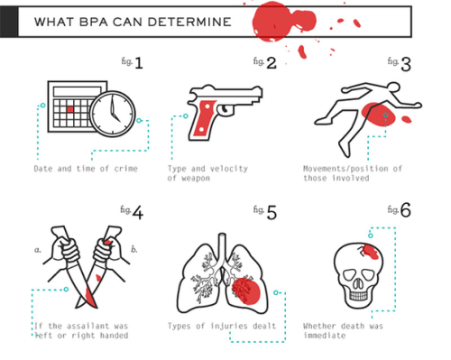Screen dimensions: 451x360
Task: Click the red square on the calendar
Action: (x=70, y=109)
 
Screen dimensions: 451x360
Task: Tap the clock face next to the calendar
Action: (x=113, y=114)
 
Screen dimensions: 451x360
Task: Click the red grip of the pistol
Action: (x=205, y=118)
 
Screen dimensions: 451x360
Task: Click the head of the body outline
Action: (x=393, y=88)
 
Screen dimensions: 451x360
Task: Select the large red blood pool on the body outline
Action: (x=378, y=115)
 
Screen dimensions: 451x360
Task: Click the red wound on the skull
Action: (x=372, y=252)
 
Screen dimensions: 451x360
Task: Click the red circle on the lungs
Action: (x=246, y=291)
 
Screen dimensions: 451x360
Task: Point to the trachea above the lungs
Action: (x=222, y=245)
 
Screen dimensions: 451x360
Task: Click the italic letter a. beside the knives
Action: (x=38, y=250)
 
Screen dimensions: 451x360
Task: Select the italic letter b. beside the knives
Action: (x=134, y=249)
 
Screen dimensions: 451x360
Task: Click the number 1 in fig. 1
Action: (x=139, y=63)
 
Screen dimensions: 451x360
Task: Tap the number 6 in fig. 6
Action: (x=406, y=210)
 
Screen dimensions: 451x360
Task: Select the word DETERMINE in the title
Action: (x=189, y=22)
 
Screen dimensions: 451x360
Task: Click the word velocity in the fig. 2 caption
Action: (x=229, y=169)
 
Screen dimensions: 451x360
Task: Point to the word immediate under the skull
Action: (x=325, y=336)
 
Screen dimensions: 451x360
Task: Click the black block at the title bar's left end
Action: (x=9, y=22)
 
